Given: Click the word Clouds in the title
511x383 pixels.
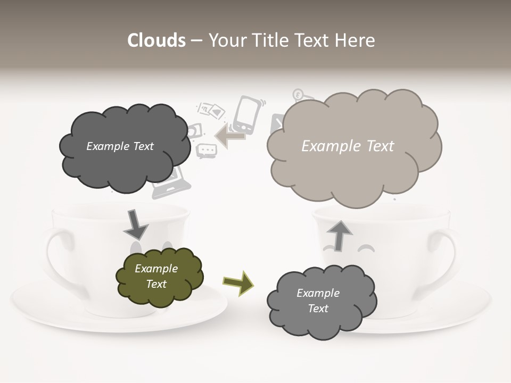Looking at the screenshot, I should (156, 40).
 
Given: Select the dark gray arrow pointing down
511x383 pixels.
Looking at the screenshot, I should (136, 224).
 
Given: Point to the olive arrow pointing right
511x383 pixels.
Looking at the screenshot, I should (238, 282).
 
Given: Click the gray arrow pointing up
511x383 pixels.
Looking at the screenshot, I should (339, 235).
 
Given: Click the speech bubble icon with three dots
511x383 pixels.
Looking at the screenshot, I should (206, 151).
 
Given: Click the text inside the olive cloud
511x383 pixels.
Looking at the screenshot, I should (156, 276).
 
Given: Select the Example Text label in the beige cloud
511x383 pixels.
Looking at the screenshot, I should (348, 146).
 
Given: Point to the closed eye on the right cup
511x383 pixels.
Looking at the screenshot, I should (366, 248).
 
